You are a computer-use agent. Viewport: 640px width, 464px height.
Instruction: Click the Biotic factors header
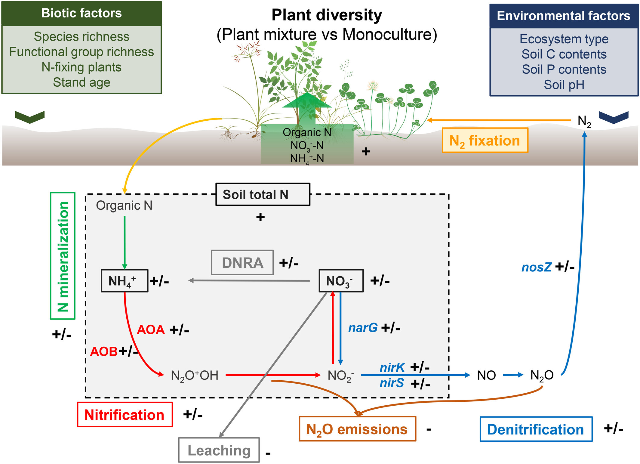click(x=82, y=13)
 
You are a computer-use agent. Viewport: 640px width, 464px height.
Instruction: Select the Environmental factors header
click(x=564, y=16)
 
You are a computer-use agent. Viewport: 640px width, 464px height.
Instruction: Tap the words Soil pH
click(x=564, y=85)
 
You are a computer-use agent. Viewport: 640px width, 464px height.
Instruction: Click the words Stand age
click(x=82, y=82)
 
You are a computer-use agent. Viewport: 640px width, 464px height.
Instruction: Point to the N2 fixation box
click(x=485, y=141)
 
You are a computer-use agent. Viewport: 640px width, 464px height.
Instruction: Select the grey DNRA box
click(x=242, y=263)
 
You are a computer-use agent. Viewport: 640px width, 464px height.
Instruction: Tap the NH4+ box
click(x=124, y=281)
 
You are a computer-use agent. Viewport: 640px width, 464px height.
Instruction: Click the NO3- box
click(x=341, y=281)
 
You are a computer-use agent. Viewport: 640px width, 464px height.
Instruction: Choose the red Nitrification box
click(x=125, y=415)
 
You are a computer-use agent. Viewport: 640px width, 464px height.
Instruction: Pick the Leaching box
click(x=219, y=450)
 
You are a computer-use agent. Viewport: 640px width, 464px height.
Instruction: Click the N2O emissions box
click(x=357, y=429)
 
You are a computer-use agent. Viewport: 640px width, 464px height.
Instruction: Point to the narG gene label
click(x=363, y=328)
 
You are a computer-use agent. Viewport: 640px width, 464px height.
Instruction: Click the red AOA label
click(x=151, y=330)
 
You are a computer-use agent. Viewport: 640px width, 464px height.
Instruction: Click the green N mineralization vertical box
click(x=63, y=256)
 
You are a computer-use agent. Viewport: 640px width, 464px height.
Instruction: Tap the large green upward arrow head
click(x=307, y=101)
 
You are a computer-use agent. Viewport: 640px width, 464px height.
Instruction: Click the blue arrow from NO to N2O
click(x=513, y=375)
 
